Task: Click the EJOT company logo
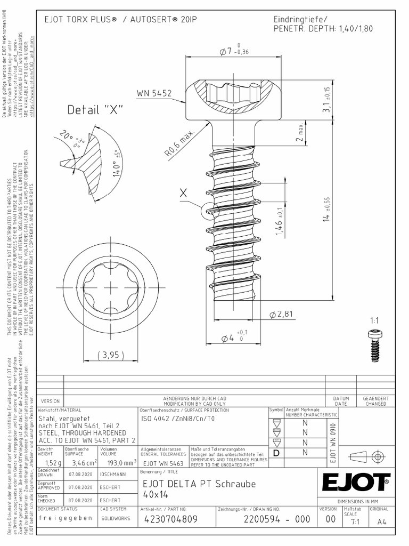(x=355, y=483)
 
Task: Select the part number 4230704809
(x=170, y=519)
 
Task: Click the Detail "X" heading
(x=95, y=110)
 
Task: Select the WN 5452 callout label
(x=154, y=93)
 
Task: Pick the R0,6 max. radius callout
(x=179, y=142)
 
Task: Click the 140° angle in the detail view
(x=113, y=166)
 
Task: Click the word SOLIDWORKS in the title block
(x=115, y=518)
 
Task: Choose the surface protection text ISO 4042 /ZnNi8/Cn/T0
(x=177, y=420)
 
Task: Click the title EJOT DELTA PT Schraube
(x=200, y=484)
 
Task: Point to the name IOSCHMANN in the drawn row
(x=112, y=473)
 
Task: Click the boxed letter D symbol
(x=276, y=453)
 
